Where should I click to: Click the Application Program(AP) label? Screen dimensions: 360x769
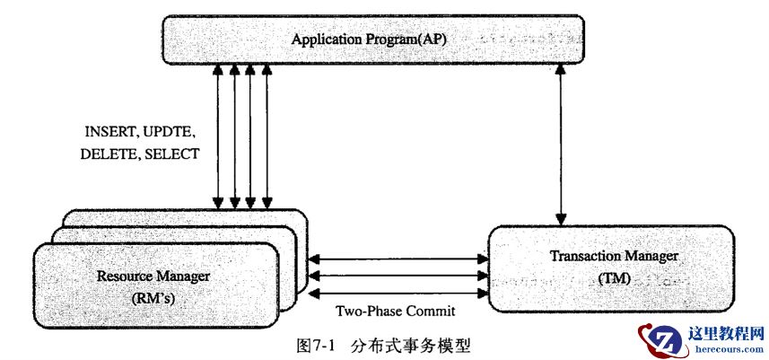tap(369, 41)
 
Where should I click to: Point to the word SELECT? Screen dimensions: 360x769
tap(170, 154)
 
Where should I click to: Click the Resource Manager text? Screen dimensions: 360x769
tap(153, 277)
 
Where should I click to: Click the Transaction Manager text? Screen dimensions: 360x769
tap(614, 258)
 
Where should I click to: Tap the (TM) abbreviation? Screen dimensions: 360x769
tap(614, 279)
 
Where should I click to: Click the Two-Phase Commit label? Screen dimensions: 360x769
tap(396, 312)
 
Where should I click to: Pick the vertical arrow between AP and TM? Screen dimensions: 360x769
tap(562, 144)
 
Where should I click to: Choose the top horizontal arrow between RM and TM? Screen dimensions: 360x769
tap(396, 259)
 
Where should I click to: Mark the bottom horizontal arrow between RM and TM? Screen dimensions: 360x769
tap(396, 292)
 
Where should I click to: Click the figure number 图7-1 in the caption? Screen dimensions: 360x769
tap(314, 346)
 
